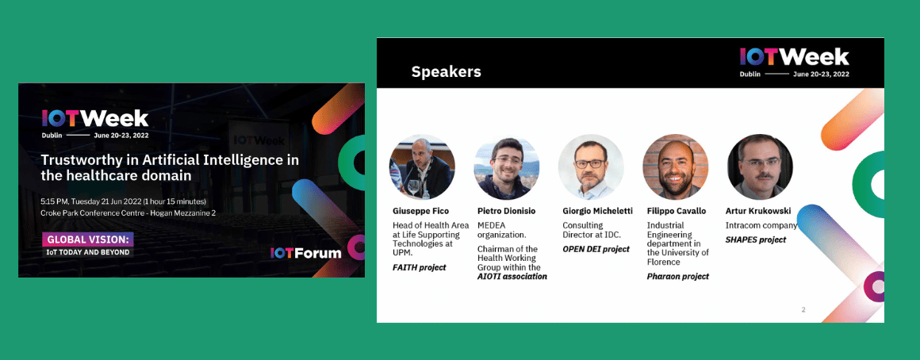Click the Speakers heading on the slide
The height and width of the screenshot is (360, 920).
tap(446, 71)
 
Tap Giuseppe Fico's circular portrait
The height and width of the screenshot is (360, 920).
tap(422, 167)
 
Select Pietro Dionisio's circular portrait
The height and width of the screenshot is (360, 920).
tap(506, 167)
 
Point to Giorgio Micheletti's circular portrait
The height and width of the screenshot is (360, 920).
tap(591, 167)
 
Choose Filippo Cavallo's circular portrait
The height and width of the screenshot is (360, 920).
tap(676, 167)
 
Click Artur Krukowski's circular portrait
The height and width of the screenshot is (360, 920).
tap(760, 167)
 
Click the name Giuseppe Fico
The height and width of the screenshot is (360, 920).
tap(420, 211)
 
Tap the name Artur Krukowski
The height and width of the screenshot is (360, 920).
tap(759, 211)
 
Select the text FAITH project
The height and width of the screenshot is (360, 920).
tap(420, 267)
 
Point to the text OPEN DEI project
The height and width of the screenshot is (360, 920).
tap(596, 249)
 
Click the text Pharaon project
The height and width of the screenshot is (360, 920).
tap(677, 276)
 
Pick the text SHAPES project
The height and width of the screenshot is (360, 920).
tap(756, 239)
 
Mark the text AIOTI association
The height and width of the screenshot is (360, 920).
tap(512, 276)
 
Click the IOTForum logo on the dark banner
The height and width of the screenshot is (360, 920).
tap(305, 253)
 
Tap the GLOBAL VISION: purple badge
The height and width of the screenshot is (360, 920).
tap(87, 239)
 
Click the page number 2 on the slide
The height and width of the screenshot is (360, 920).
tap(803, 309)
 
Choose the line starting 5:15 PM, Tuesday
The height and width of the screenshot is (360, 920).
tap(123, 201)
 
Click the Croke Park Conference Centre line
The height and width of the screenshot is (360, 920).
tap(128, 213)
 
